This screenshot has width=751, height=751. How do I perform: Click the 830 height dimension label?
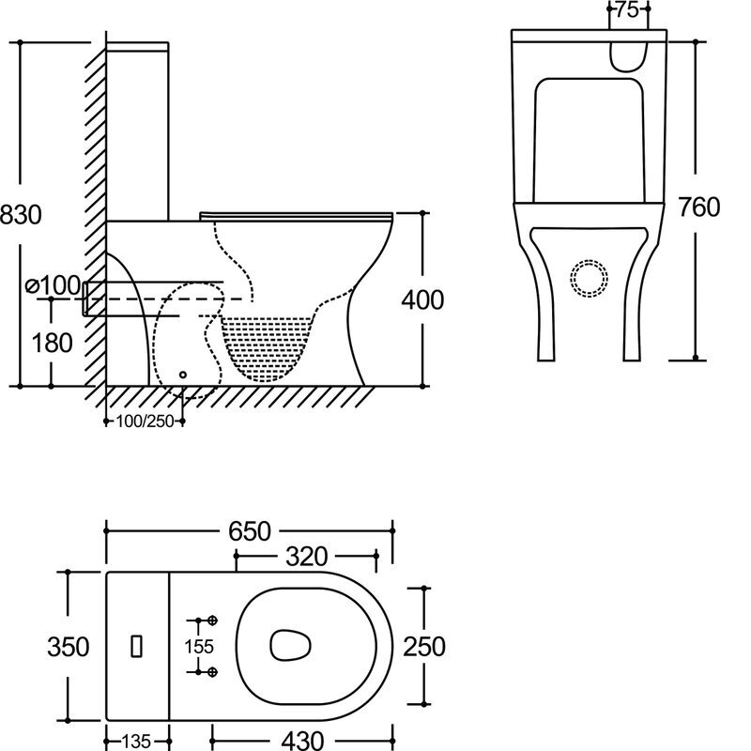pos(21,215)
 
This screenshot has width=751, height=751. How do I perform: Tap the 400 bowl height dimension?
pos(422,299)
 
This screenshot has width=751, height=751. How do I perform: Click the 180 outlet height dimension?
pos(51,343)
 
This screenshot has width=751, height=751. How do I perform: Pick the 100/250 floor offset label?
pos(146,421)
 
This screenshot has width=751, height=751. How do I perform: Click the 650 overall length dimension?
pos(247,532)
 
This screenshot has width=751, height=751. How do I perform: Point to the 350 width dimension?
pos(68,646)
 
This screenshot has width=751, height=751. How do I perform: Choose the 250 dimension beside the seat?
pos(424,646)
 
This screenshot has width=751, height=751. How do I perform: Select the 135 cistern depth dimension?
pos(136,739)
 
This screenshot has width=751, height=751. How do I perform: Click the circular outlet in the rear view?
pos(590,277)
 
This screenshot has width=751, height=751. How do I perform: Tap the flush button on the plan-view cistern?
pos(137,646)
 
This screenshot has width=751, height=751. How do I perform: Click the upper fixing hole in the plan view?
pos(213,621)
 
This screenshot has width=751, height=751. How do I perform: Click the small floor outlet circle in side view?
pos(183,375)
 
